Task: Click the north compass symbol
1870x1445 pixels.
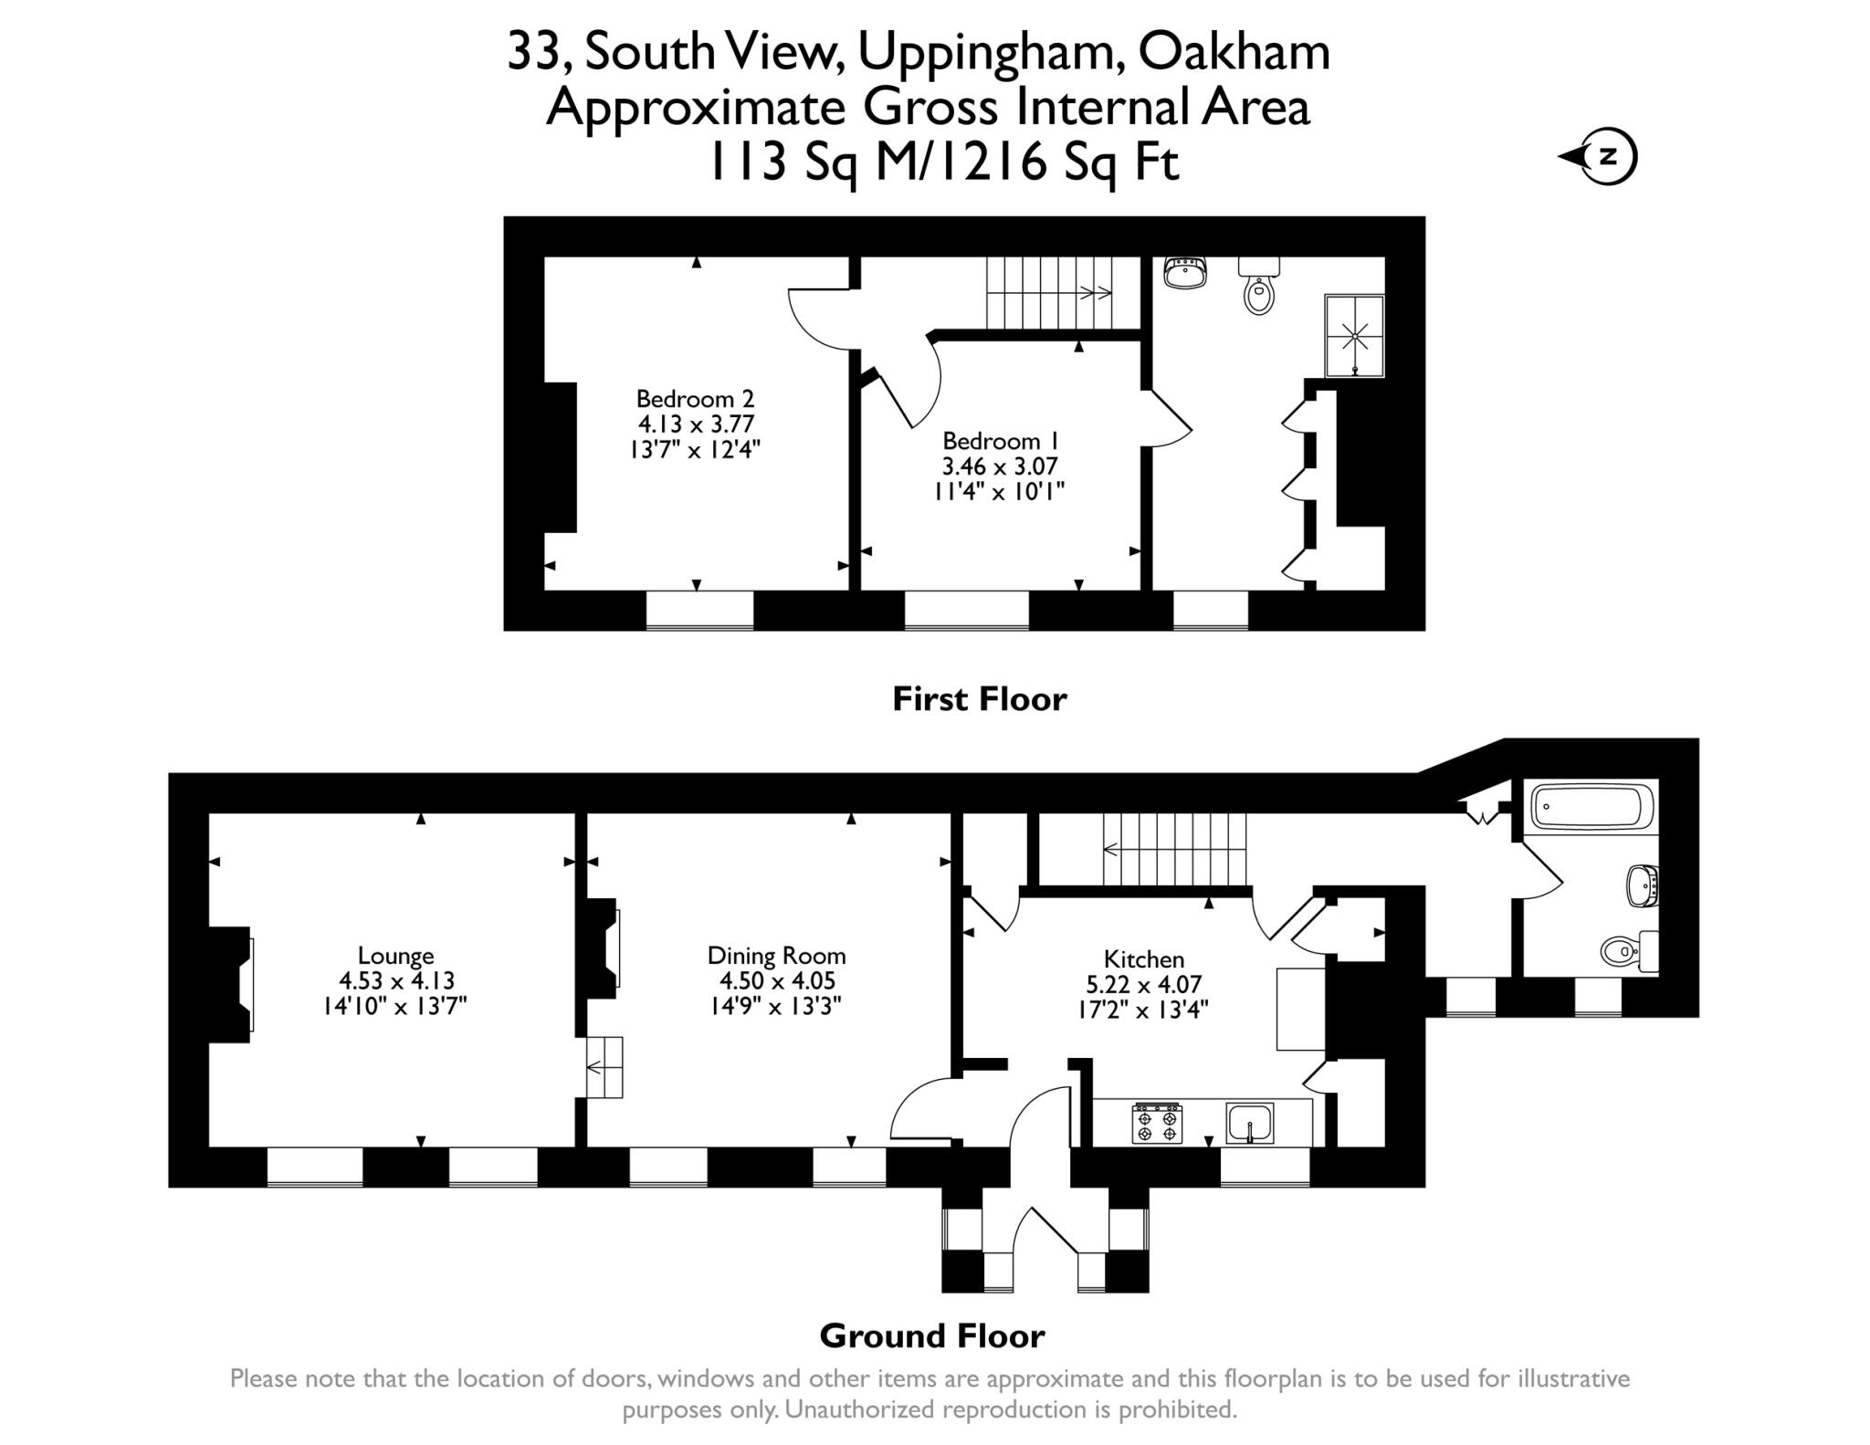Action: coord(1608,157)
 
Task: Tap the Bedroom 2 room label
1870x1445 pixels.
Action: coord(696,399)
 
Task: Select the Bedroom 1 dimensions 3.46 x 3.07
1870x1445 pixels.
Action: coord(999,466)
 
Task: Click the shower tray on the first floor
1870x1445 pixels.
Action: coord(1354,335)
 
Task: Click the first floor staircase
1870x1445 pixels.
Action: coord(1050,292)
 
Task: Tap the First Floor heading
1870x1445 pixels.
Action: coord(979,699)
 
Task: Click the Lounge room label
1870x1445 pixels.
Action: coord(395,956)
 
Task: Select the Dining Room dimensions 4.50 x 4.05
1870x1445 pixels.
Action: coord(777,981)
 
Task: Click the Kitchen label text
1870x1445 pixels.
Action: coord(1143,959)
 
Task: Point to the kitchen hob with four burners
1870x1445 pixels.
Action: coord(1157,1124)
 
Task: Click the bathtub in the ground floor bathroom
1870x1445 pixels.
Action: coord(1592,807)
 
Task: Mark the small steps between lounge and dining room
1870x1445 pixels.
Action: coord(604,1067)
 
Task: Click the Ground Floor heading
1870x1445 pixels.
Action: coord(931,1336)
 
